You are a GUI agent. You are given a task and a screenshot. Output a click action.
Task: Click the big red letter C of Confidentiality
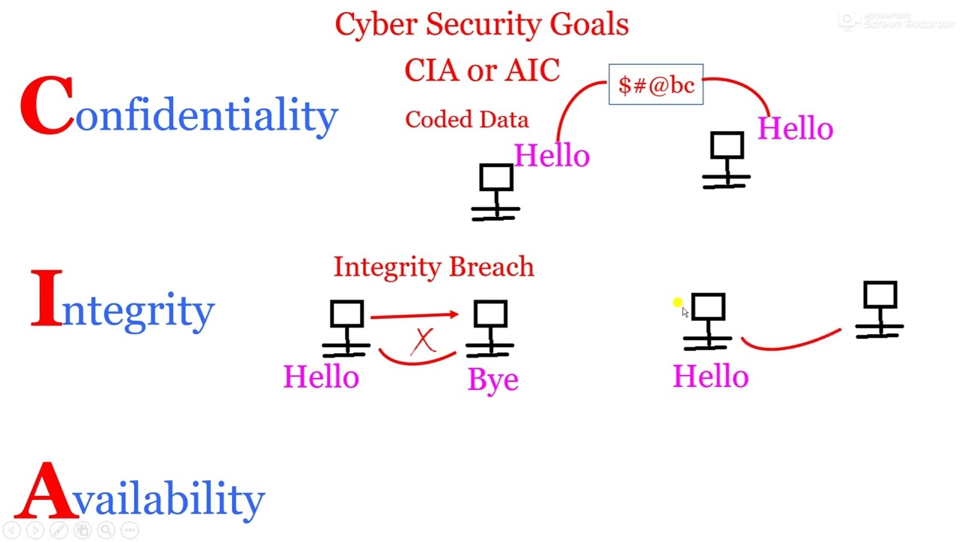point(47,107)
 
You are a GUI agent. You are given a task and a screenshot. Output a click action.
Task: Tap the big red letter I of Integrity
point(47,299)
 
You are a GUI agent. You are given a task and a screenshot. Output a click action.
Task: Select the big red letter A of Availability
point(45,492)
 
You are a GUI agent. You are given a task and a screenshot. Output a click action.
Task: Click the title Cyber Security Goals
point(481,24)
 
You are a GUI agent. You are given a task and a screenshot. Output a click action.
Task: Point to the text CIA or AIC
point(481,71)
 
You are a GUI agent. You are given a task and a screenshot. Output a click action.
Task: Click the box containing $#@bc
point(655,84)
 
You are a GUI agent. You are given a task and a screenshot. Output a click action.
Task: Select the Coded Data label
point(466,120)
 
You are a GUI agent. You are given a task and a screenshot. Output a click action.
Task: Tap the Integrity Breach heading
point(433,267)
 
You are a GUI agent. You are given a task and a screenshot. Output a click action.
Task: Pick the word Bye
point(493,379)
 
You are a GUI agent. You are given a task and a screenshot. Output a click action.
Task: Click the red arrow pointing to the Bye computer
point(414,315)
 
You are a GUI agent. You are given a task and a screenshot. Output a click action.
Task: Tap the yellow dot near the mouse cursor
point(676,303)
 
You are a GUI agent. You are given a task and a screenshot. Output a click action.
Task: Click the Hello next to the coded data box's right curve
point(795,129)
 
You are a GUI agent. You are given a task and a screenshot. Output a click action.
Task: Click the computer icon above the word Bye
point(490,327)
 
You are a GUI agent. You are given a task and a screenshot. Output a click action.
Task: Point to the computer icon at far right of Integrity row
point(879,309)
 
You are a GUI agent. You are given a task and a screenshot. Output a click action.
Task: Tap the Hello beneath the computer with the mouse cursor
point(710,376)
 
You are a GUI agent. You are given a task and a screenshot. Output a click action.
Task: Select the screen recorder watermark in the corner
point(896,21)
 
